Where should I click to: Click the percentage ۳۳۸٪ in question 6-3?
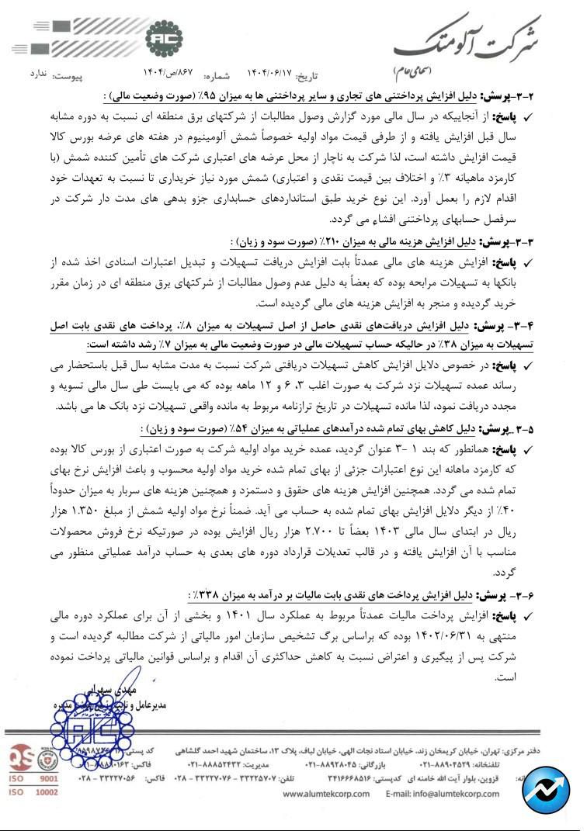(207, 595)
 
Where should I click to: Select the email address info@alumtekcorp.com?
(440, 794)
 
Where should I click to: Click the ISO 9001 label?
(33, 777)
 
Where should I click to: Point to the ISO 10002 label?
(33, 792)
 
